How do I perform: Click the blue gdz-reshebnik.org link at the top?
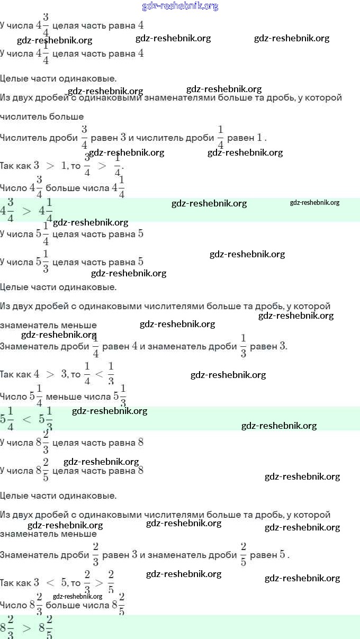tap(180, 6)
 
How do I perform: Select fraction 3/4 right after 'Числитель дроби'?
tap(84, 137)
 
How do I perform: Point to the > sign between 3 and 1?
tap(50, 166)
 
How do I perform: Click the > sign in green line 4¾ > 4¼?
tap(26, 210)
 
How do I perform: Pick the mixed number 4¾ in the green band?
tap(8, 210)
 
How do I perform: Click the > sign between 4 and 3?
tap(50, 374)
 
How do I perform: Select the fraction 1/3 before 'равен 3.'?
tap(243, 346)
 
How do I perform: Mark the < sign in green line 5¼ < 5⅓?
tap(26, 419)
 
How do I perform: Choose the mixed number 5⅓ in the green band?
tap(46, 419)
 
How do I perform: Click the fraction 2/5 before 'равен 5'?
tap(243, 554)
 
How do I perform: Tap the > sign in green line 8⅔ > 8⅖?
tap(26, 627)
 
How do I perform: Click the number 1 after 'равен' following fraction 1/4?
tap(259, 138)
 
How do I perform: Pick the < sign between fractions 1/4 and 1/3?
tap(99, 374)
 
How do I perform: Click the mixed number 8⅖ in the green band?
tap(46, 627)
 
